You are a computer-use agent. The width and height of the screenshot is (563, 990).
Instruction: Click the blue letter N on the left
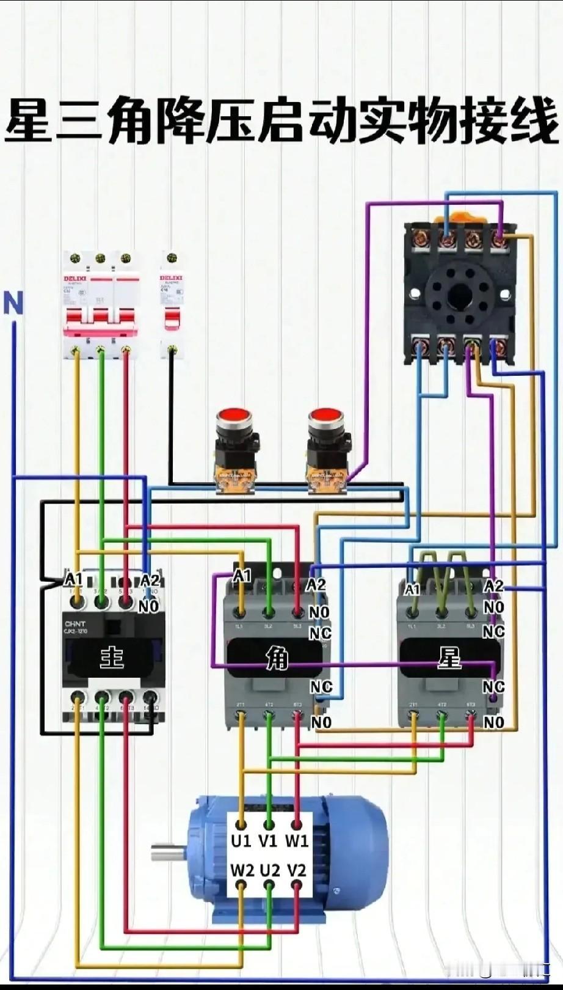point(13,303)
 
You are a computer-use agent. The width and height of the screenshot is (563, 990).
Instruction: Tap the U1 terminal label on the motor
point(241,842)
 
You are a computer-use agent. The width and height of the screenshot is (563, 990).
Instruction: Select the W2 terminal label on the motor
point(242,870)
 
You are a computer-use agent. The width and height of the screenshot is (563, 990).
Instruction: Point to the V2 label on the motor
point(296,870)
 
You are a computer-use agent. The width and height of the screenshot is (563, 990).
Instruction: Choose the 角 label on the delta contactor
point(277,659)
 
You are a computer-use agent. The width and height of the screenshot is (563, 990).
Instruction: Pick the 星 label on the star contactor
point(449,659)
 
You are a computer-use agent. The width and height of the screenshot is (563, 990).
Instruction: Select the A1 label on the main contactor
point(73,579)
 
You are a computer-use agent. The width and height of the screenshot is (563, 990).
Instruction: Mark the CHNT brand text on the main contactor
point(75,624)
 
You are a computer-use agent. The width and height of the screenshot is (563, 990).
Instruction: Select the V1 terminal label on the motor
point(268,842)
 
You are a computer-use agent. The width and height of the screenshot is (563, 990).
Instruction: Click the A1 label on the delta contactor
point(242,576)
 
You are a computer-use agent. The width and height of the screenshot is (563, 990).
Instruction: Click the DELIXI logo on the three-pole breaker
point(76,279)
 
